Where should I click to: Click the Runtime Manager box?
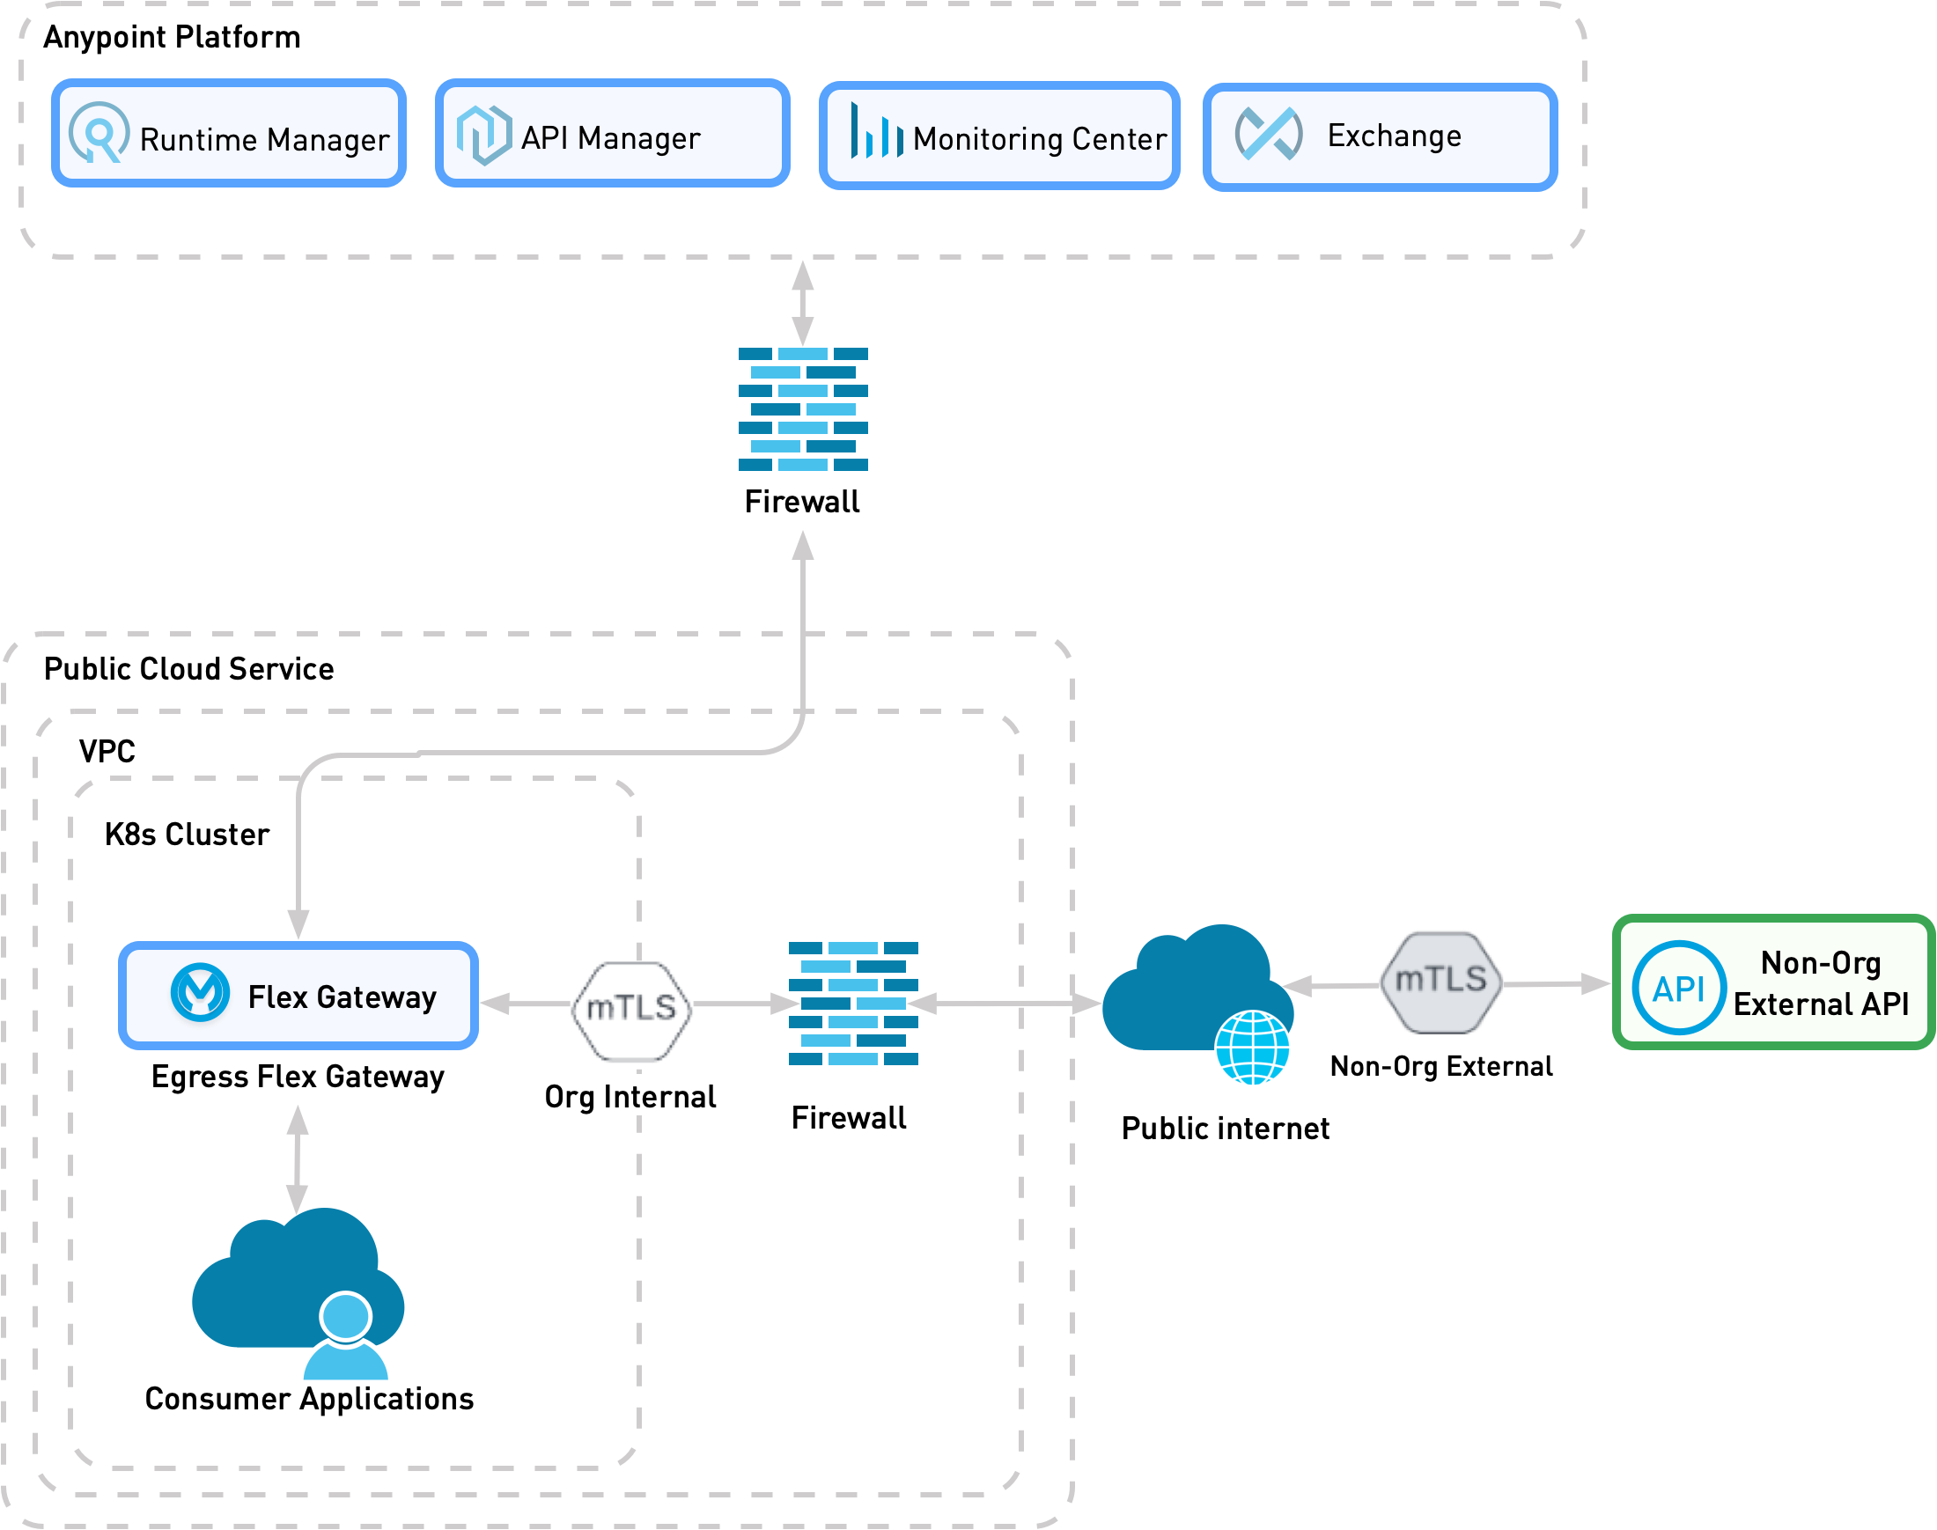point(228,134)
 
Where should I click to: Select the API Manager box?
point(612,134)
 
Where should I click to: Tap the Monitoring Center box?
point(999,136)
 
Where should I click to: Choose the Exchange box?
point(1380,137)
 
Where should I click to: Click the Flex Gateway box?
point(298,996)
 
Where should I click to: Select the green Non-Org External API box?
point(1773,982)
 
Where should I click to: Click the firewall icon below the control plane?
point(803,409)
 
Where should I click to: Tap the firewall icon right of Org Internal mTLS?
point(853,1004)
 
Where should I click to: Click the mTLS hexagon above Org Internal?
point(631,1011)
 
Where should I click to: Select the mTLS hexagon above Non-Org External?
point(1440,982)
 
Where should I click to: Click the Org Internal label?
point(630,1095)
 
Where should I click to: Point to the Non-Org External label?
point(1440,1065)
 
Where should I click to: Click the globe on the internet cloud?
point(1252,1048)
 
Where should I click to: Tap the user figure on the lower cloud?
point(346,1337)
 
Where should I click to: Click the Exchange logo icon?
point(1268,135)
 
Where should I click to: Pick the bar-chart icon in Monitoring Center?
point(875,133)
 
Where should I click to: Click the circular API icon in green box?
point(1678,988)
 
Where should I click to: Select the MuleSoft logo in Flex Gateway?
point(200,992)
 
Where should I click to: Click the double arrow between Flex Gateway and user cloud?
point(298,1160)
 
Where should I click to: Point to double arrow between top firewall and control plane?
point(803,303)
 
